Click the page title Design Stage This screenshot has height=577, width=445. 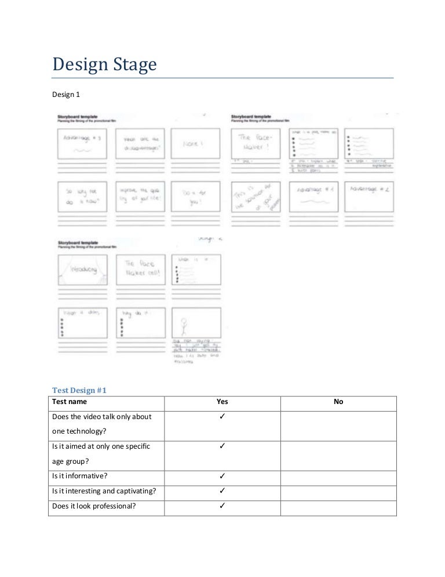[104, 64]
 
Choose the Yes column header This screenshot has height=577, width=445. [222, 401]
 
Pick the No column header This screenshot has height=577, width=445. [338, 401]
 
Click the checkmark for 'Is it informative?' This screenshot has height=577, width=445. [222, 477]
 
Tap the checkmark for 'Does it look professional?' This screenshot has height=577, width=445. [222, 505]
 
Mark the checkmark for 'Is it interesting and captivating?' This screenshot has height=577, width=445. [222, 491]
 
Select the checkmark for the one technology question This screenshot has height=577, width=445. [222, 417]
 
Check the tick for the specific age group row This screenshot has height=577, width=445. [222, 446]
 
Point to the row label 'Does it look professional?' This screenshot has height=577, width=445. [94, 505]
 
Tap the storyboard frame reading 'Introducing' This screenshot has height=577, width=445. [82, 270]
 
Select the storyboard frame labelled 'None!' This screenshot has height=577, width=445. [195, 143]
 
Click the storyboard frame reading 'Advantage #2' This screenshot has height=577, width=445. [369, 196]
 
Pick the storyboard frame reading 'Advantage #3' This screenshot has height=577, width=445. [82, 143]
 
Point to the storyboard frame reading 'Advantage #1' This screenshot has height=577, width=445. [313, 196]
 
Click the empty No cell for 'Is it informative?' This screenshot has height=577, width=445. [338, 477]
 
